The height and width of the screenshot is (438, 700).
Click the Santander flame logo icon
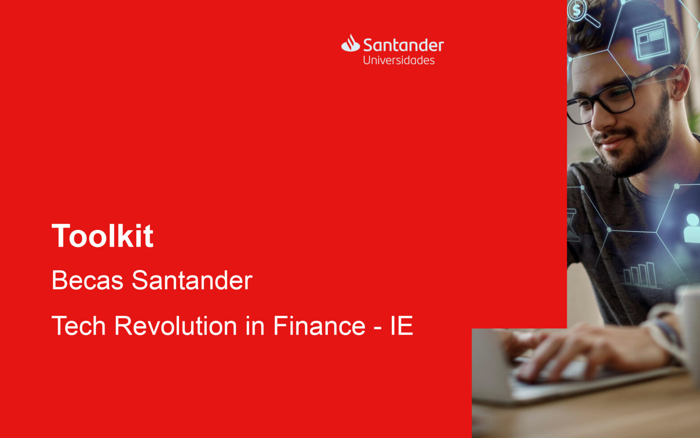click(350, 43)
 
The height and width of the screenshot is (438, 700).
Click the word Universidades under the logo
click(399, 60)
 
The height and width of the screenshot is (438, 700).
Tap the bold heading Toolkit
click(103, 236)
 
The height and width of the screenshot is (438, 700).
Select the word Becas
click(87, 280)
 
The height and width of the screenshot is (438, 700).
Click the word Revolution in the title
click(176, 326)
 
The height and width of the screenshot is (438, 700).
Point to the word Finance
click(319, 326)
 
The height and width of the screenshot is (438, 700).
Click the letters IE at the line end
click(402, 326)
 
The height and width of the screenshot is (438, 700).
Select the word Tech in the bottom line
click(79, 326)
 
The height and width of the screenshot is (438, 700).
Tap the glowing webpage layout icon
click(652, 39)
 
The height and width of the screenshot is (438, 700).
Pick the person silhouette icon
click(692, 228)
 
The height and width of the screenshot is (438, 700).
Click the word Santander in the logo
click(404, 45)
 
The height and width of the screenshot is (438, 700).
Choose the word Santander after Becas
click(192, 280)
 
